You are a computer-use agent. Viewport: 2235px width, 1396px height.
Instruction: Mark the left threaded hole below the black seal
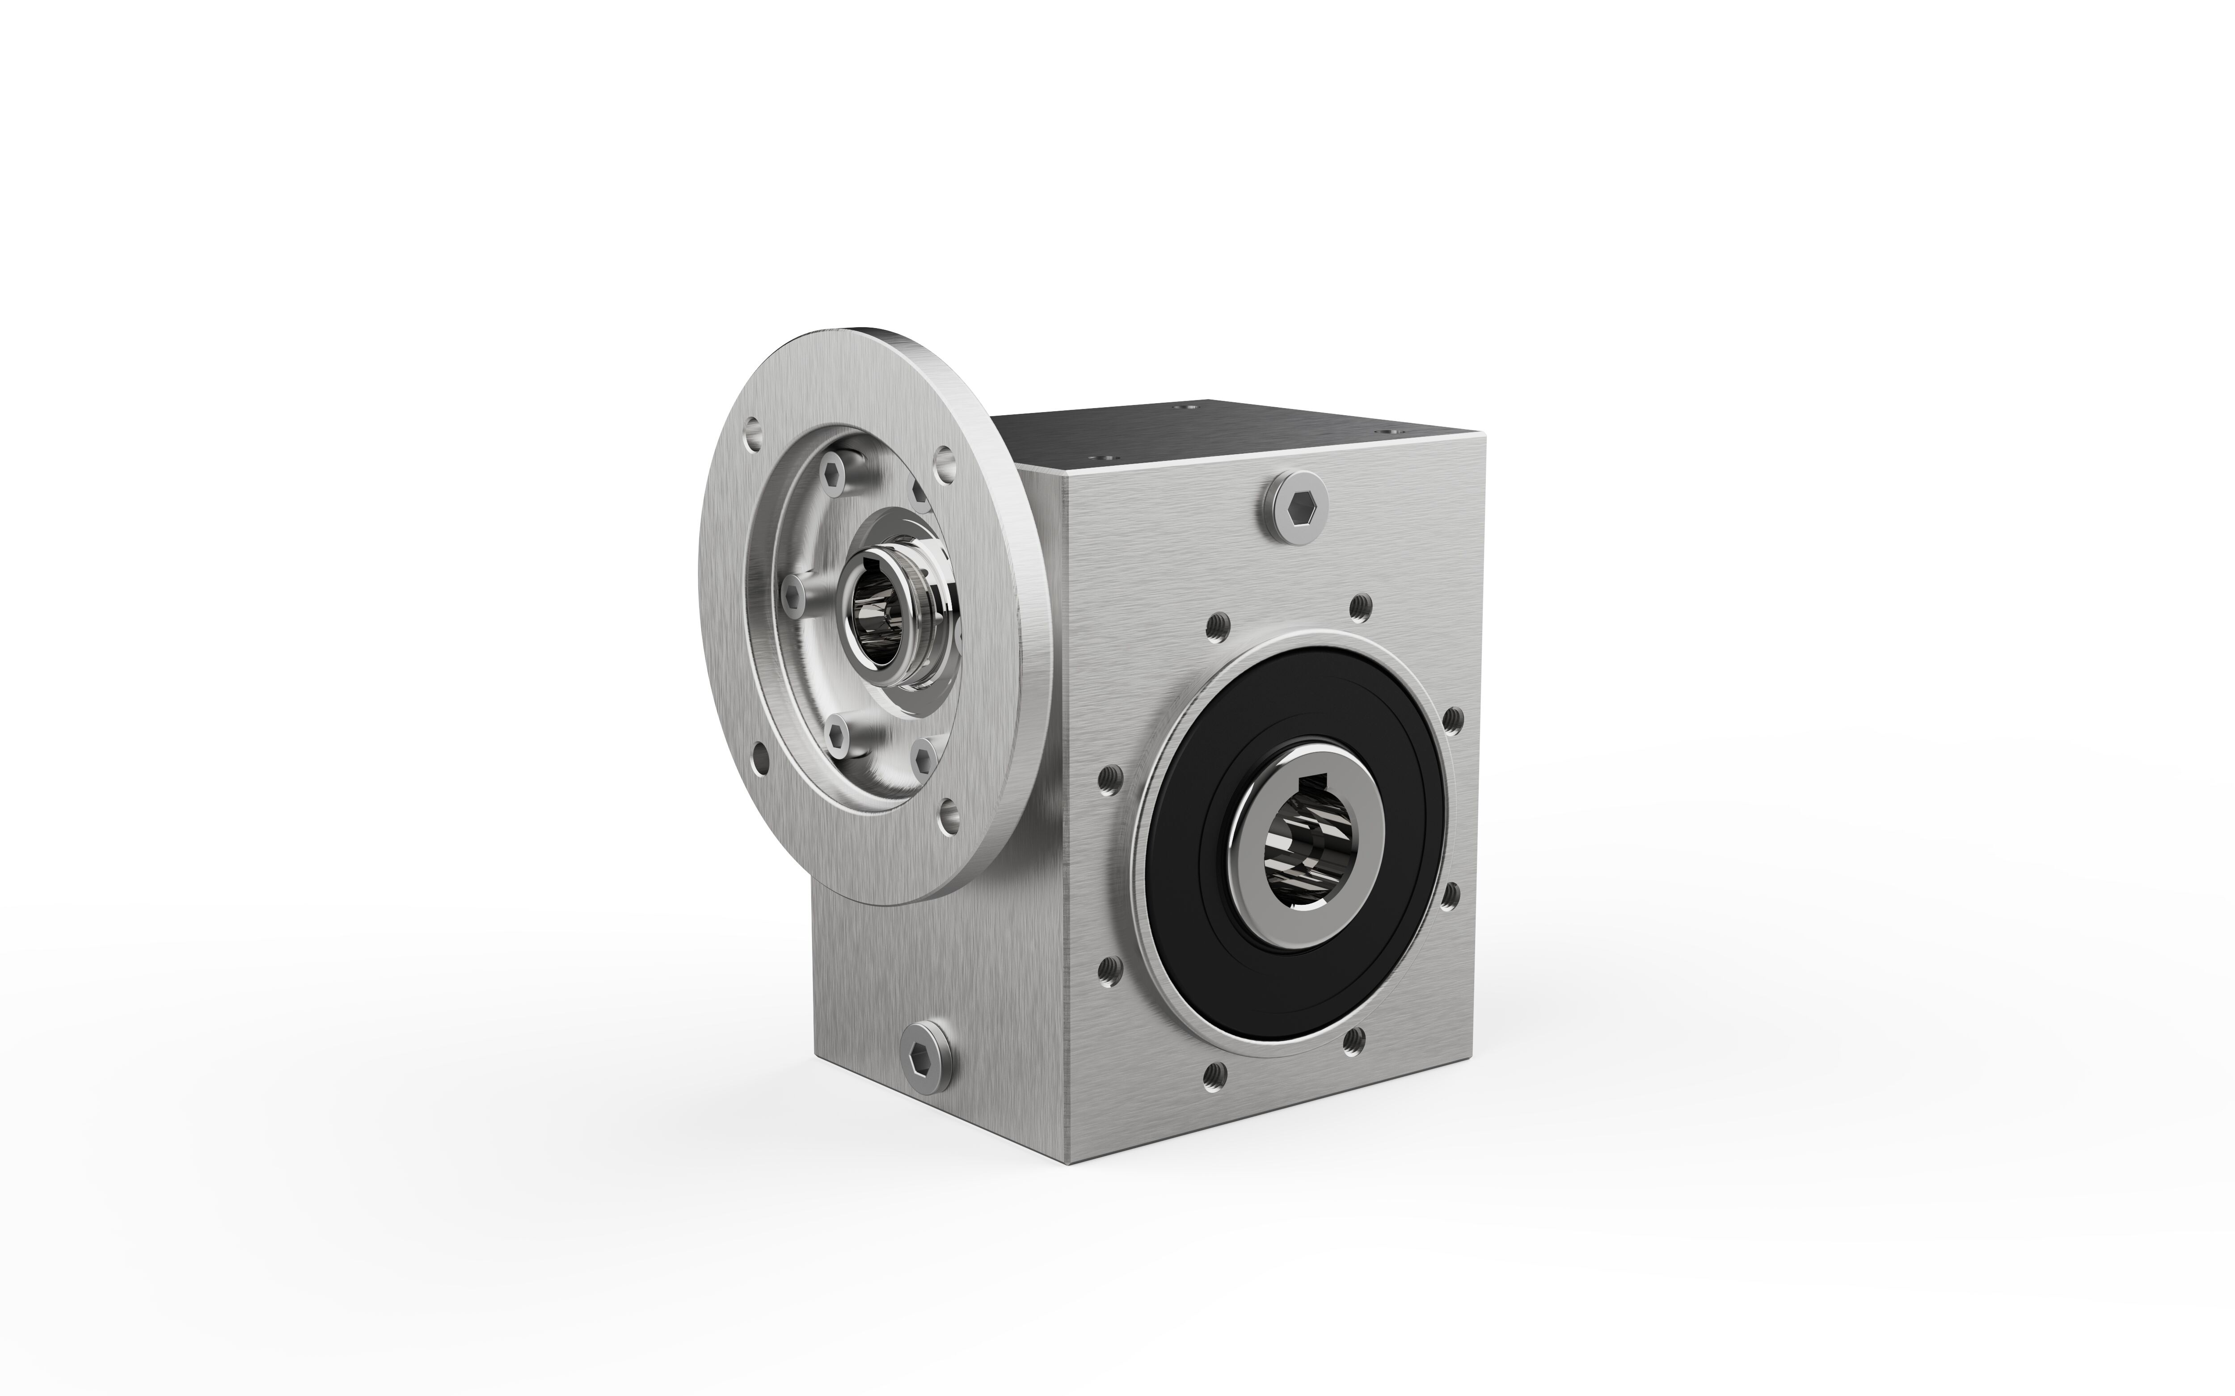pos(1216,1073)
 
